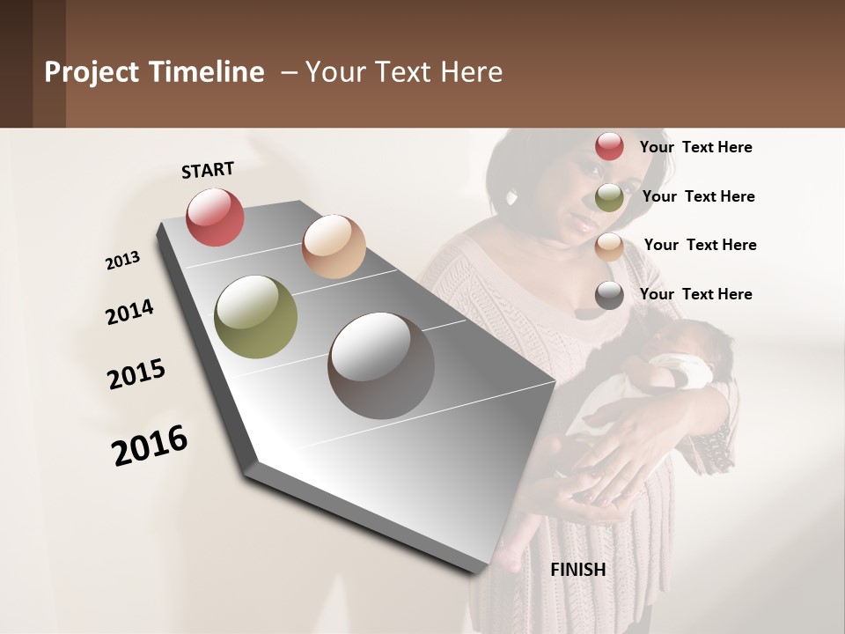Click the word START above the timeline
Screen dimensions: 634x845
click(x=208, y=170)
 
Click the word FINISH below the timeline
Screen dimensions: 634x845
click(x=578, y=570)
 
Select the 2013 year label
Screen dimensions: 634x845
click(x=122, y=261)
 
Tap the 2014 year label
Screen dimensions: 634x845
click(x=129, y=313)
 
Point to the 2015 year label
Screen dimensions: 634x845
click(x=136, y=374)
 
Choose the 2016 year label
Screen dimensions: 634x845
click(x=150, y=445)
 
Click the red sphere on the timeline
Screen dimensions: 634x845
click(x=215, y=217)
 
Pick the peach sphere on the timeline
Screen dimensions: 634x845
click(x=334, y=247)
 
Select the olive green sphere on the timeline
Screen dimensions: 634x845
click(x=255, y=317)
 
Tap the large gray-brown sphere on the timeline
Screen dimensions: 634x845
click(x=381, y=365)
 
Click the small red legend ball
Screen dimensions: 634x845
click(x=609, y=146)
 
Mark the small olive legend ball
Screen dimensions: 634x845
click(x=609, y=197)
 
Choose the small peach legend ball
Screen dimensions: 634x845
click(x=609, y=247)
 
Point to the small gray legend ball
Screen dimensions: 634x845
click(x=609, y=295)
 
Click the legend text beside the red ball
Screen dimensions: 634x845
click(x=695, y=147)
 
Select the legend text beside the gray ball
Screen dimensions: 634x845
click(x=695, y=294)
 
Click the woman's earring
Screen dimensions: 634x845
click(x=512, y=196)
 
